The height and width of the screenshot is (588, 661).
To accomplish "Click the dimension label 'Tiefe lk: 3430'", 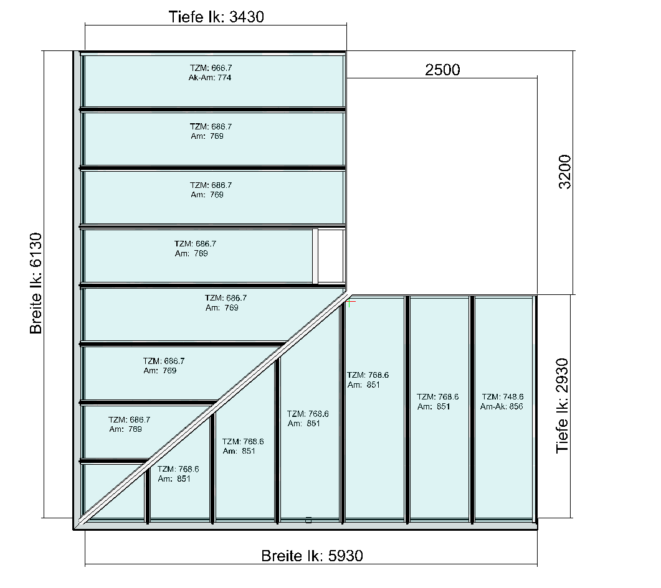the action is pyautogui.click(x=216, y=17).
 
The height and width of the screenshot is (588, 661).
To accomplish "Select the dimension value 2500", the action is pyautogui.click(x=442, y=70).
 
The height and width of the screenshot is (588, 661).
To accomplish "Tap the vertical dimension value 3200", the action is pyautogui.click(x=564, y=172).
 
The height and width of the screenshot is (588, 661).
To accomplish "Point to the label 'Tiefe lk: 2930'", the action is pyautogui.click(x=562, y=405).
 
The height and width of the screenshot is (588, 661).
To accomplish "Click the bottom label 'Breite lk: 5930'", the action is pyautogui.click(x=312, y=556).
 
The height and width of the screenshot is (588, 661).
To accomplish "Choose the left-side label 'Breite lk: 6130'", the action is pyautogui.click(x=36, y=283).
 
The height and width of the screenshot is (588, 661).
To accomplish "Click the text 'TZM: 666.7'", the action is pyautogui.click(x=211, y=68).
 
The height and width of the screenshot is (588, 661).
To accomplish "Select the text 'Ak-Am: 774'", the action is pyautogui.click(x=209, y=77).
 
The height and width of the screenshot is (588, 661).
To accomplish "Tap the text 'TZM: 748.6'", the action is pyautogui.click(x=503, y=396).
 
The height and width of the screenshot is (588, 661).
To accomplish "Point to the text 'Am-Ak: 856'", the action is pyautogui.click(x=502, y=406).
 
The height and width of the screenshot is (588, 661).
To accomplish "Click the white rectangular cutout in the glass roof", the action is pyautogui.click(x=331, y=256).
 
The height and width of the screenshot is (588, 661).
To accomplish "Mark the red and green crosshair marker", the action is pyautogui.click(x=350, y=302).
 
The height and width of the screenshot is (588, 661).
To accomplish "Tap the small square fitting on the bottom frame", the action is pyautogui.click(x=308, y=520).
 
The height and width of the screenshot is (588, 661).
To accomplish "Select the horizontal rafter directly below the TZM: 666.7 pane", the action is pyautogui.click(x=212, y=110).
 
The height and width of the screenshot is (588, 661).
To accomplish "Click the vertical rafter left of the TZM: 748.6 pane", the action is pyautogui.click(x=472, y=409).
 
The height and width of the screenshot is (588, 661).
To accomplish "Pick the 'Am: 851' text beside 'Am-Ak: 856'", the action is pyautogui.click(x=434, y=406).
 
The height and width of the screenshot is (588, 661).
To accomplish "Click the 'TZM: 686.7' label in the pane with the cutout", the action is pyautogui.click(x=195, y=244).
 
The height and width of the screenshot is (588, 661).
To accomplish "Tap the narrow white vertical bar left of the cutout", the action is pyautogui.click(x=315, y=256).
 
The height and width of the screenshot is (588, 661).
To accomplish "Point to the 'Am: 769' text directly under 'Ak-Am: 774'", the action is pyautogui.click(x=207, y=136).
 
